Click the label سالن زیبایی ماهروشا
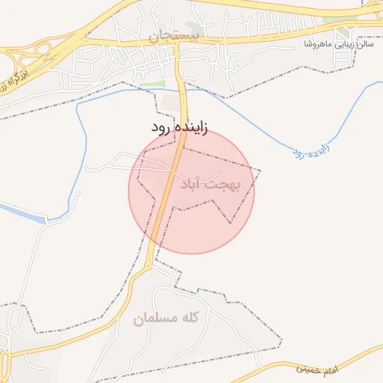click(337, 45)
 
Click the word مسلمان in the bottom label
click(153, 319)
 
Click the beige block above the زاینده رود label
click(172, 101)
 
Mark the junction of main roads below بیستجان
click(177, 43)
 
